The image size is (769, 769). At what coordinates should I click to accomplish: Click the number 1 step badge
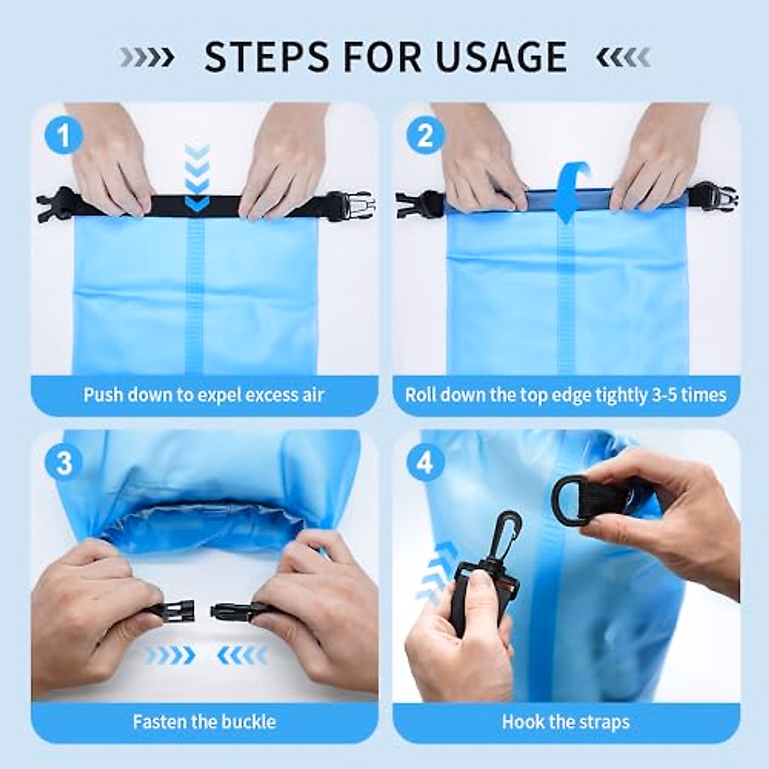pyautogui.click(x=63, y=136)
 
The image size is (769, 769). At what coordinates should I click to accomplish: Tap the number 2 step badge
pyautogui.click(x=425, y=136)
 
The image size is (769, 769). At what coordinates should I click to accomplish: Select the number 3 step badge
pyautogui.click(x=63, y=463)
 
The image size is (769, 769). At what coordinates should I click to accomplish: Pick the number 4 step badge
pyautogui.click(x=425, y=463)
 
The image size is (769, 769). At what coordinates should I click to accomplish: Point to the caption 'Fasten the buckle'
pyautogui.click(x=204, y=722)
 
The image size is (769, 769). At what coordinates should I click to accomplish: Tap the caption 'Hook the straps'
pyautogui.click(x=566, y=722)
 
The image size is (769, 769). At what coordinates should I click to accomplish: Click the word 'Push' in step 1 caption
pyautogui.click(x=103, y=394)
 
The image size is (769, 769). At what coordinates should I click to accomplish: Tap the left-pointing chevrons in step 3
pyautogui.click(x=243, y=655)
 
